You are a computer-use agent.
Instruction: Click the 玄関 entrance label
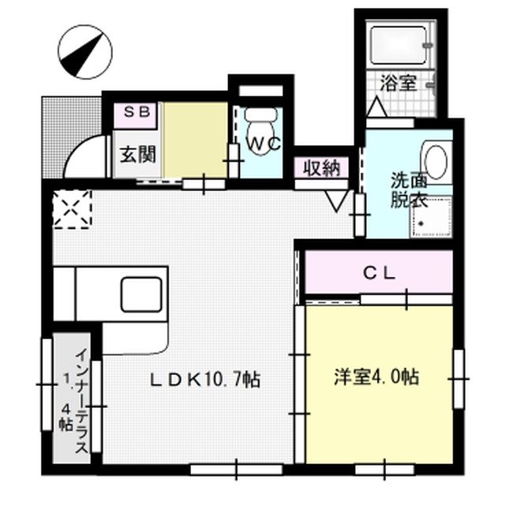tap(137, 154)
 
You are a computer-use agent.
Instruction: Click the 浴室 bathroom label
tap(398, 81)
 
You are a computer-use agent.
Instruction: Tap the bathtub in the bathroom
tap(398, 47)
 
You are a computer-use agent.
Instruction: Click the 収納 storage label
tap(317, 167)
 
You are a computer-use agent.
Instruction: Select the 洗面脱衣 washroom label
tap(407, 189)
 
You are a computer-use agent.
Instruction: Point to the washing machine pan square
tap(432, 216)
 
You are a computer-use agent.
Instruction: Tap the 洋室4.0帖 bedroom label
tap(375, 378)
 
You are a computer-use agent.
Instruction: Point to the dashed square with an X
tap(73, 209)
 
